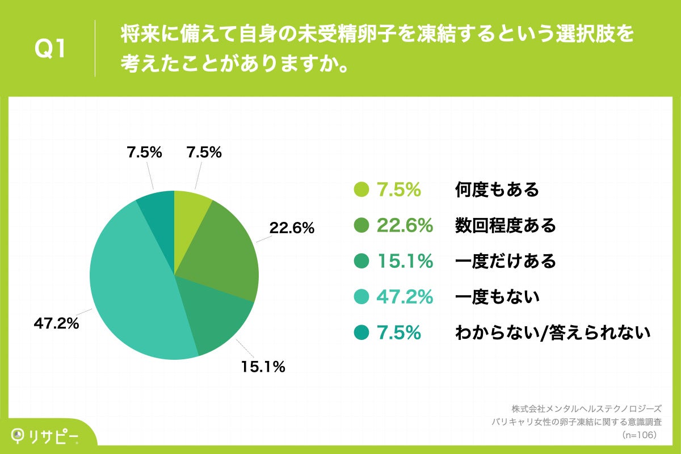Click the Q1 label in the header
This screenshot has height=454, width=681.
coord(51,49)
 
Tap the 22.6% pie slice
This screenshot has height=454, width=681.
coord(224,250)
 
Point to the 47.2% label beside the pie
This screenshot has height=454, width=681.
coord(56,325)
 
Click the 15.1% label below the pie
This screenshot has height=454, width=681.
coord(262,367)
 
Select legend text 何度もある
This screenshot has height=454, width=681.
coord(497,190)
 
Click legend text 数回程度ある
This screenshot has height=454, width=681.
coord(505,226)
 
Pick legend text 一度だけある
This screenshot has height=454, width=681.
coord(505,261)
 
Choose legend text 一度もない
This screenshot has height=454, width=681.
coord(497,296)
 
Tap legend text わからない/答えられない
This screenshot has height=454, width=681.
coord(552,333)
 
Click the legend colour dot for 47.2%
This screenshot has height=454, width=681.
coord(361,296)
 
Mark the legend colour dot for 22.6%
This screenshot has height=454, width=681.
coord(361,226)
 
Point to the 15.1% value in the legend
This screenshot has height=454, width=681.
coord(405,261)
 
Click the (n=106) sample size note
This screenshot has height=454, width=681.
coord(640,435)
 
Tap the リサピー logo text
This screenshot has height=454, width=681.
coord(54,435)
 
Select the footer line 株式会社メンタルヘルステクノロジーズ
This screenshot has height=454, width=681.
coord(586,409)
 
